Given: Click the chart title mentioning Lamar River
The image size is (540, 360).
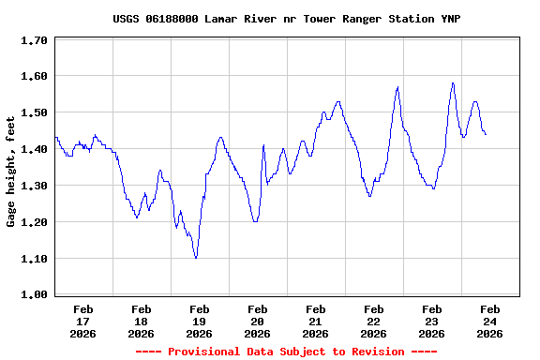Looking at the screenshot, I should (x=286, y=19).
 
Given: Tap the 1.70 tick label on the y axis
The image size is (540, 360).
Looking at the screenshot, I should (x=34, y=41).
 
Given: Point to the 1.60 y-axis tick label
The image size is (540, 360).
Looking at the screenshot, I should (x=34, y=76).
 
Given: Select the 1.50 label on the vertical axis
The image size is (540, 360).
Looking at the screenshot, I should (x=34, y=112).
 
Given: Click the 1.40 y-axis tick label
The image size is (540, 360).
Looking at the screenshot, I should (x=34, y=149).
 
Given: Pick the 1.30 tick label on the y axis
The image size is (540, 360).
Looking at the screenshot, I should (x=34, y=186).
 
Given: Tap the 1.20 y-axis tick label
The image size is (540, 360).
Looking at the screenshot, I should (x=34, y=222).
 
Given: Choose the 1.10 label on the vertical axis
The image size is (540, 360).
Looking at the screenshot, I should (x=34, y=259).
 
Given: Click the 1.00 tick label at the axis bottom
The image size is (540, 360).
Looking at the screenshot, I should (x=34, y=295).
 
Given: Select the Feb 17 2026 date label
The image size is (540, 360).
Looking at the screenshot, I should (x=82, y=321).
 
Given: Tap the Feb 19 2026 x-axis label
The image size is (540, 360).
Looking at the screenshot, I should (x=199, y=321).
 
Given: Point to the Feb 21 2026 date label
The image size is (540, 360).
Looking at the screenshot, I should (x=315, y=321).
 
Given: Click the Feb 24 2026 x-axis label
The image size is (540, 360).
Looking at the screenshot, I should (x=489, y=321).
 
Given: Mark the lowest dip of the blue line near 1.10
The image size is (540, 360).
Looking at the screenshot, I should (x=196, y=257).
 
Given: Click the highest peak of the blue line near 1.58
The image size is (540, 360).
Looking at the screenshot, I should (x=453, y=82).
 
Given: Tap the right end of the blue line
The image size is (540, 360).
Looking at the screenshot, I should (x=486, y=134).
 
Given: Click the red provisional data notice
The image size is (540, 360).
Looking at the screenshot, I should (x=286, y=352).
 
